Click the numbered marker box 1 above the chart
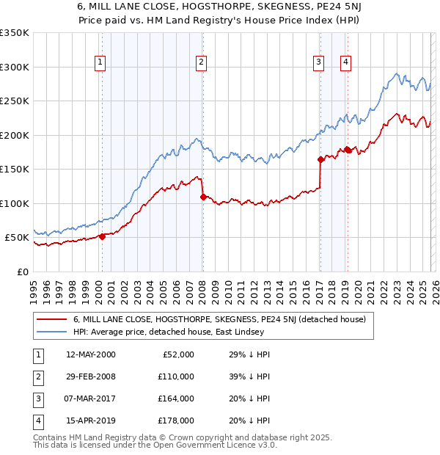[100, 62]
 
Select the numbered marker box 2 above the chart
[200, 62]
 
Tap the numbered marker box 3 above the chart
[319, 62]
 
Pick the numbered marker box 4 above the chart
[345, 62]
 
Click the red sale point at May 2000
[103, 236]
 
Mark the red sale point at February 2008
[203, 197]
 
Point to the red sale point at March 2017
[320, 159]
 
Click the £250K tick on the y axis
[15, 101]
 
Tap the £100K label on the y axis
[15, 203]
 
